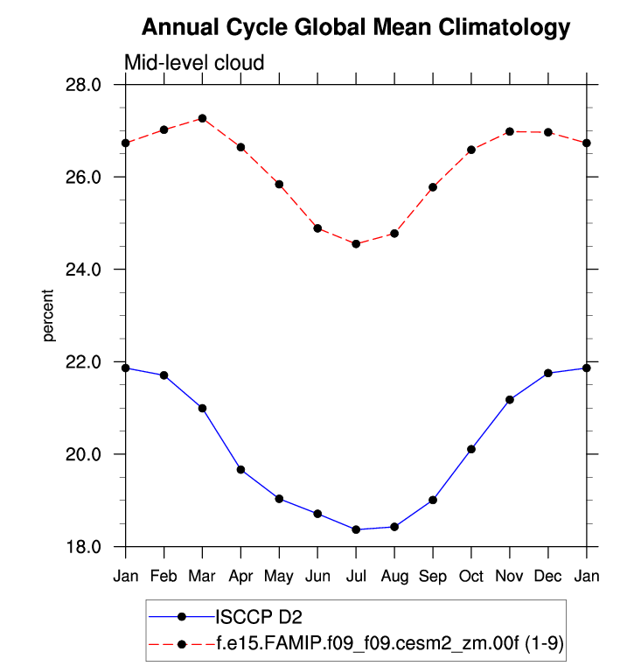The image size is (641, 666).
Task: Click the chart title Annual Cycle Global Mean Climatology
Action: [x=355, y=28]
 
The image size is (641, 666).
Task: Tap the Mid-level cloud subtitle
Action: [x=193, y=63]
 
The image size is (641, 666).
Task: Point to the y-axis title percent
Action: [x=50, y=315]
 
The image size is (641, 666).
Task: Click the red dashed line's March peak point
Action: [x=202, y=118]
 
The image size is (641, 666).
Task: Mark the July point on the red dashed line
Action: [x=356, y=243]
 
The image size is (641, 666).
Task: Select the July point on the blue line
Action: [x=356, y=529]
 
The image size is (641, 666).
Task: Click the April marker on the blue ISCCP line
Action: [x=240, y=470]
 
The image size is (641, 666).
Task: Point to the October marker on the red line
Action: [x=471, y=150]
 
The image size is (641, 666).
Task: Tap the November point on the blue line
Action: [x=510, y=400]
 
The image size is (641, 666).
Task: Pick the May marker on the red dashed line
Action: [x=279, y=185]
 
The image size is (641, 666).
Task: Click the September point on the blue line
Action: [x=433, y=500]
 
